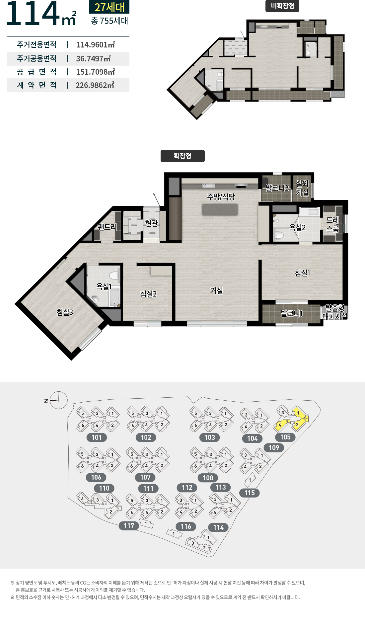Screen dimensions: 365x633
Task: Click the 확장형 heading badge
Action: [183, 156]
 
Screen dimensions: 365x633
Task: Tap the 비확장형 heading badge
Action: [282, 6]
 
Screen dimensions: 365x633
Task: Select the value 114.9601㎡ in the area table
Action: [96, 44]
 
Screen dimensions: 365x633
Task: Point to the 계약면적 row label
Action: [37, 85]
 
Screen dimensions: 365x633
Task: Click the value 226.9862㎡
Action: [95, 85]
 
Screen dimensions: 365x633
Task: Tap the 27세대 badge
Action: [109, 7]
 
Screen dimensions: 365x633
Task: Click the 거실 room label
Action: [216, 291]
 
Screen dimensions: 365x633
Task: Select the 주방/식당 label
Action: [221, 197]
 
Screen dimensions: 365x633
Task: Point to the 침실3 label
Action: [65, 312]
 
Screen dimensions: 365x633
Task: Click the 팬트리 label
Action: [107, 227]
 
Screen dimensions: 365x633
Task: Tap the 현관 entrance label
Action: [152, 223]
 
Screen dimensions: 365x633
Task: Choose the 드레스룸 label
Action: [333, 224]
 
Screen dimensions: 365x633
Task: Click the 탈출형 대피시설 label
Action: [335, 312]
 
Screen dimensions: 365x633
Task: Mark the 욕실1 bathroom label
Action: [104, 286]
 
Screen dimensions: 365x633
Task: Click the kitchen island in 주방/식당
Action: [220, 210]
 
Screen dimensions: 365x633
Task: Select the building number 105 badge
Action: [285, 437]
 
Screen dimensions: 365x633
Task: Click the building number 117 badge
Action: [129, 526]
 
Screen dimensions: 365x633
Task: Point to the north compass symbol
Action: [58, 400]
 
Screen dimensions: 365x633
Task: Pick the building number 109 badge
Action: [274, 448]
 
